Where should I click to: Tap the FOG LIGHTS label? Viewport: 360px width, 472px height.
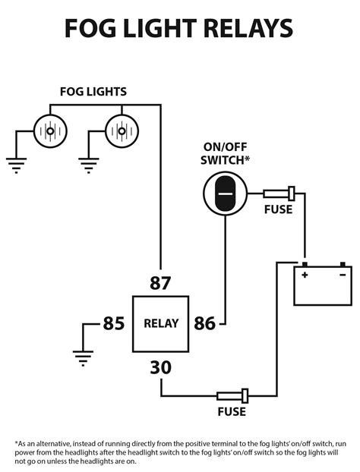93,92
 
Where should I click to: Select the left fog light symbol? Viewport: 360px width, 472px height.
50,131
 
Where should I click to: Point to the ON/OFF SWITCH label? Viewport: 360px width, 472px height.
226,154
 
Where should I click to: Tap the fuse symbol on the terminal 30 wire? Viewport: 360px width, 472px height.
232,395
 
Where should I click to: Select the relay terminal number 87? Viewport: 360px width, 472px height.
160,284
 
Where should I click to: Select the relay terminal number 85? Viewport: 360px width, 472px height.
113,324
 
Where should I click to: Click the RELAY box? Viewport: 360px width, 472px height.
160,323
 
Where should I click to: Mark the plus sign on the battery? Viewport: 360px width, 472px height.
304,275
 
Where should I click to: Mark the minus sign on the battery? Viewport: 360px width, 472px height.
343,275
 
